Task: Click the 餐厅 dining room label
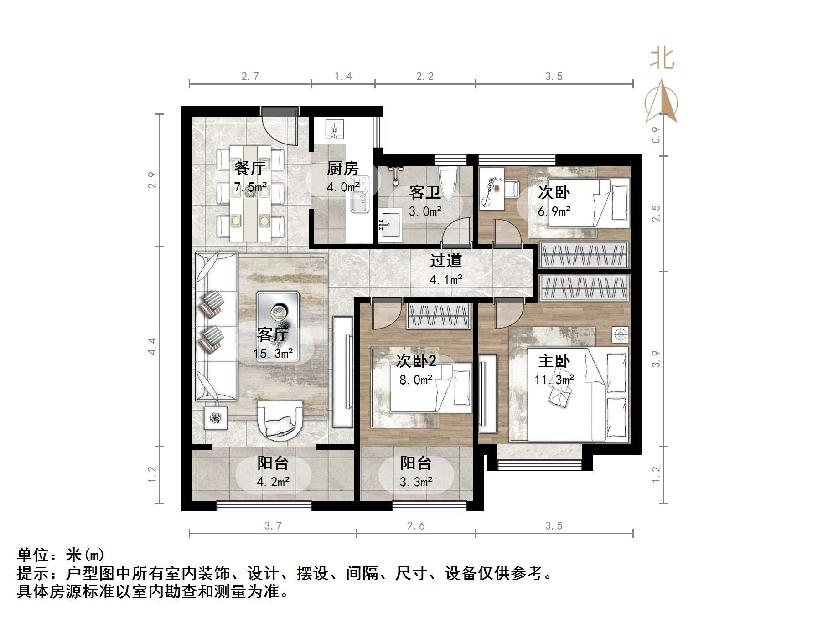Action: click(249, 168)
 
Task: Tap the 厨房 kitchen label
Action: click(342, 169)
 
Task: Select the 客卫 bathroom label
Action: click(424, 192)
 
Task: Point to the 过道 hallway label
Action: click(445, 261)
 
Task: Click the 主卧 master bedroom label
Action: click(554, 361)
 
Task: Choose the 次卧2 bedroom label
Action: click(416, 361)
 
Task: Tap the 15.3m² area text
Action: click(273, 354)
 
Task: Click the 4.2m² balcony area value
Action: click(273, 482)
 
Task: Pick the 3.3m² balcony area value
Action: click(416, 482)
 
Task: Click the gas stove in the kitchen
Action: click(335, 129)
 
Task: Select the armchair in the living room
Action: click(280, 421)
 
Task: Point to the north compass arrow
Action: click(662, 101)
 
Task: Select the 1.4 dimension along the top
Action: click(343, 77)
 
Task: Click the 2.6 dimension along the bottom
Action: click(416, 526)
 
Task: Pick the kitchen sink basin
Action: click(361, 207)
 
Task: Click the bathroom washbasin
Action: click(390, 225)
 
